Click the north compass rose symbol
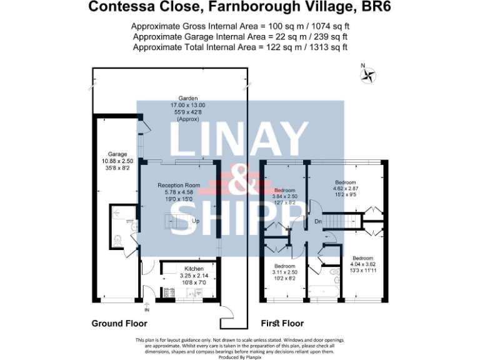coord(369,76)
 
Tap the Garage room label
coord(117,154)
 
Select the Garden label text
coord(188,99)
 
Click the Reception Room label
coord(179,186)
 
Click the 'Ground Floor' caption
coord(119,323)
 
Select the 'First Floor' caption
coord(282,323)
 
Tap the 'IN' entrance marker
coord(147,309)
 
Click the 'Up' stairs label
coord(196,221)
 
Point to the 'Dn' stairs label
coord(317,221)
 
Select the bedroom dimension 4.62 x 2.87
coord(344,187)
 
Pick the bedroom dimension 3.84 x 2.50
coord(284,196)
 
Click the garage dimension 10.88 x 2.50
coord(117,161)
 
